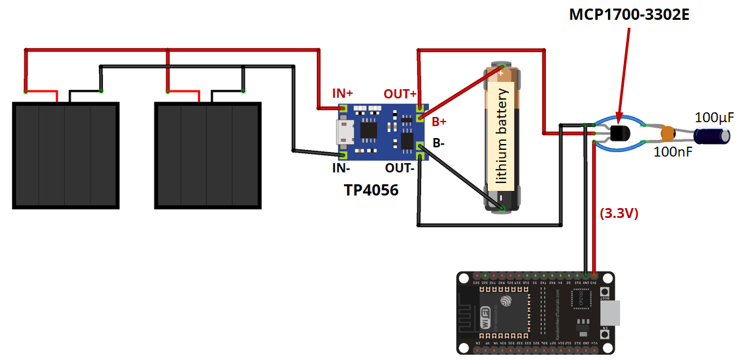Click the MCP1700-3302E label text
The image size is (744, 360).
click(629, 15)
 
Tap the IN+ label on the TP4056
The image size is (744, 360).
click(342, 94)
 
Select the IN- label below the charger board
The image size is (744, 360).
click(341, 168)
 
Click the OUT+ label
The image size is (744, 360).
click(400, 94)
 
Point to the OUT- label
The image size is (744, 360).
click(399, 168)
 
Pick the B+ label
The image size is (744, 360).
click(440, 122)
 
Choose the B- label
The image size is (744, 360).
click(439, 142)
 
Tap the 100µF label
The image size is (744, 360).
click(714, 118)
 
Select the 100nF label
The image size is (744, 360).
click(672, 152)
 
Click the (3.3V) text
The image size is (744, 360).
click(618, 213)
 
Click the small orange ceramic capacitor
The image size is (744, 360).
click(668, 133)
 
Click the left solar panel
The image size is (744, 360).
click(65, 155)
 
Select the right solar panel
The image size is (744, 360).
click(207, 155)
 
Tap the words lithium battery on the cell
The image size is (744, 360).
click(502, 135)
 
